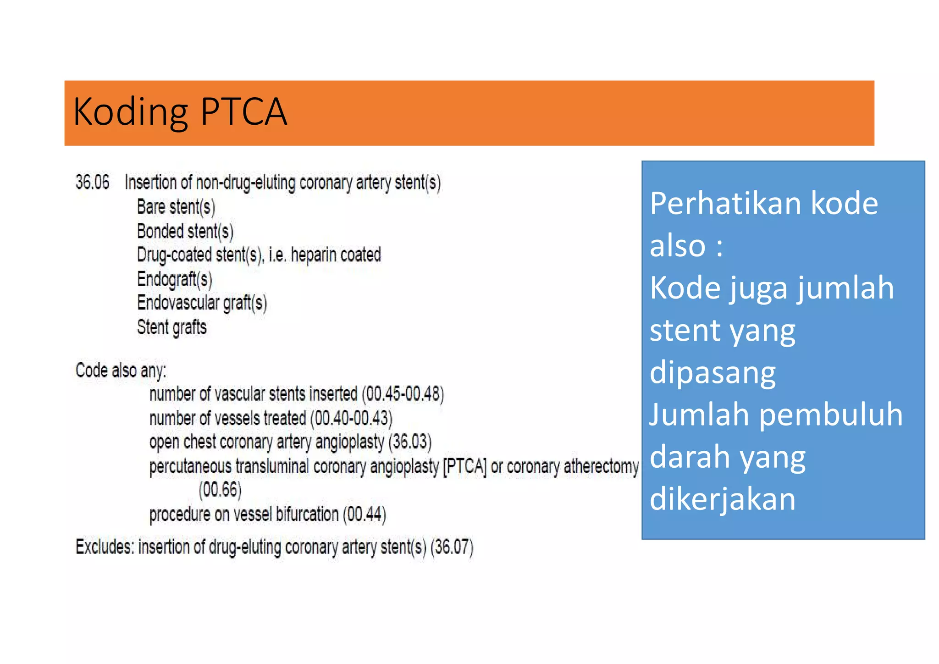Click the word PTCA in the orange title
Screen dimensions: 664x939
[243, 112]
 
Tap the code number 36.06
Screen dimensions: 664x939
[93, 183]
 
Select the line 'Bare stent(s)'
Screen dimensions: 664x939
[176, 207]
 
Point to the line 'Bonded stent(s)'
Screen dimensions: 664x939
[185, 231]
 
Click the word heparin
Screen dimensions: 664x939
[314, 255]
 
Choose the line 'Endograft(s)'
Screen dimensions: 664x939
[175, 279]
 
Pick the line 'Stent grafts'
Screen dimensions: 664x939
[172, 327]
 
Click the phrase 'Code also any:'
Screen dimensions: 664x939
[121, 371]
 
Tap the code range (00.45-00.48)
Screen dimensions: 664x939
[403, 394]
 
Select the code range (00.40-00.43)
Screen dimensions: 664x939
[351, 418]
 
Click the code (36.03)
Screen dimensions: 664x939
[410, 442]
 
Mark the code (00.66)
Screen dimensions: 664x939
[220, 490]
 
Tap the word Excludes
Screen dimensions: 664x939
[105, 547]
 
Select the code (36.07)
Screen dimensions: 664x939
[452, 547]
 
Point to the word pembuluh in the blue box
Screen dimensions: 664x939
[831, 415]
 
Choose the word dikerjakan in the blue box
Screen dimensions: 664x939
[723, 499]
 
